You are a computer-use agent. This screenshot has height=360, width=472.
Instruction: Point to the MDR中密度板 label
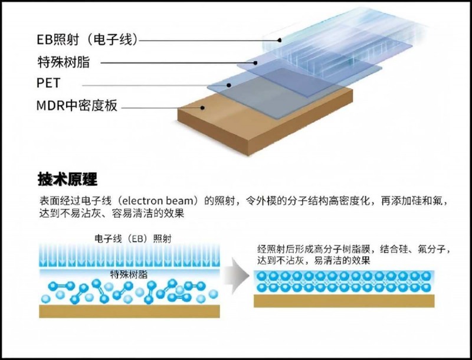click(x=77, y=107)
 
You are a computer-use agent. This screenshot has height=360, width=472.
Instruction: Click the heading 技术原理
click(x=67, y=178)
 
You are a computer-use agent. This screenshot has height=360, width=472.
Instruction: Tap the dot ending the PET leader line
click(x=228, y=84)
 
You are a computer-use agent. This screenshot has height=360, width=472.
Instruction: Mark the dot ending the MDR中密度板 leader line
click(x=202, y=107)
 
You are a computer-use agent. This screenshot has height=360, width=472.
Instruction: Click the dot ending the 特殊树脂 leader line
click(x=256, y=62)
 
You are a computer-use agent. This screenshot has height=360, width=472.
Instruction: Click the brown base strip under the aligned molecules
click(x=344, y=300)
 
